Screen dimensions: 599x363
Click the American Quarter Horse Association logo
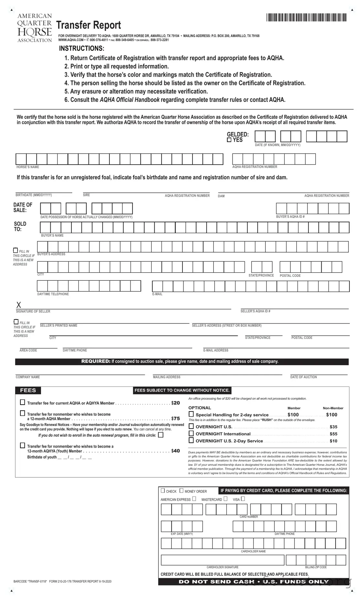(x=34, y=28)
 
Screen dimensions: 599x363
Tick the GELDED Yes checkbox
(x=229, y=140)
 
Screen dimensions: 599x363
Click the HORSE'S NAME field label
(x=28, y=167)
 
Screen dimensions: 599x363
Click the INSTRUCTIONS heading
(x=81, y=49)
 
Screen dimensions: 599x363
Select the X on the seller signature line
(x=19, y=305)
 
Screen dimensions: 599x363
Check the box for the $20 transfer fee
(x=23, y=402)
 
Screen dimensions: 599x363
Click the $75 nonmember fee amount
(x=175, y=419)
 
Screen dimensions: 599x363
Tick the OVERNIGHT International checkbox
(x=191, y=433)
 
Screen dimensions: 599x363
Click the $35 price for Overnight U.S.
(x=333, y=427)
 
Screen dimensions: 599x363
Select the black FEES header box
(x=28, y=390)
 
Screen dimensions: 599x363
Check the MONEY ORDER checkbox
(x=181, y=491)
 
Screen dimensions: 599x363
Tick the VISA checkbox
(x=243, y=499)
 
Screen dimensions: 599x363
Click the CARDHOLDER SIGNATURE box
(x=223, y=560)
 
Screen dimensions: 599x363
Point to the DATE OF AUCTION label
(x=303, y=377)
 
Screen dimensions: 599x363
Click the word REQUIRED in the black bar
(x=96, y=361)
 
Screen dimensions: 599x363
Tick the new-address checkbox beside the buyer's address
(x=16, y=250)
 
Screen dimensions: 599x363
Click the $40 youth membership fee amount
(x=175, y=451)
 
